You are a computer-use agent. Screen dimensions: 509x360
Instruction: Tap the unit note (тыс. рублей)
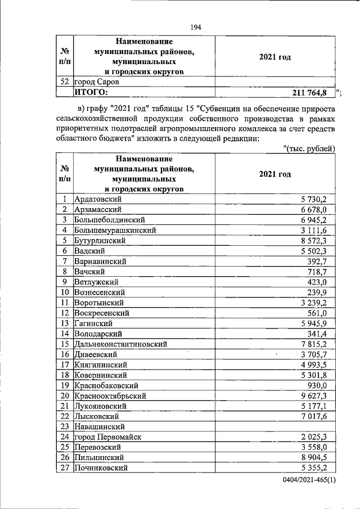click(x=308, y=148)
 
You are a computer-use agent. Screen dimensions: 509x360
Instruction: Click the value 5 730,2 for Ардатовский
click(x=318, y=199)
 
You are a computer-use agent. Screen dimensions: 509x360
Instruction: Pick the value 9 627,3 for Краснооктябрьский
click(x=318, y=395)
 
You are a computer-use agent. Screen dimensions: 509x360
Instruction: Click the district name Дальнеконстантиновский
click(x=121, y=344)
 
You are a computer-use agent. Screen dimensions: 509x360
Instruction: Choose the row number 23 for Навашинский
click(x=65, y=426)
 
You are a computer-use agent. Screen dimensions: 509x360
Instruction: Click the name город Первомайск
click(x=108, y=437)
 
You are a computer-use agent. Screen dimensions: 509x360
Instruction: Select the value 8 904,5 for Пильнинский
click(x=318, y=457)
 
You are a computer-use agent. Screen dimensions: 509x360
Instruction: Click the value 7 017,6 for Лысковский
click(x=318, y=416)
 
